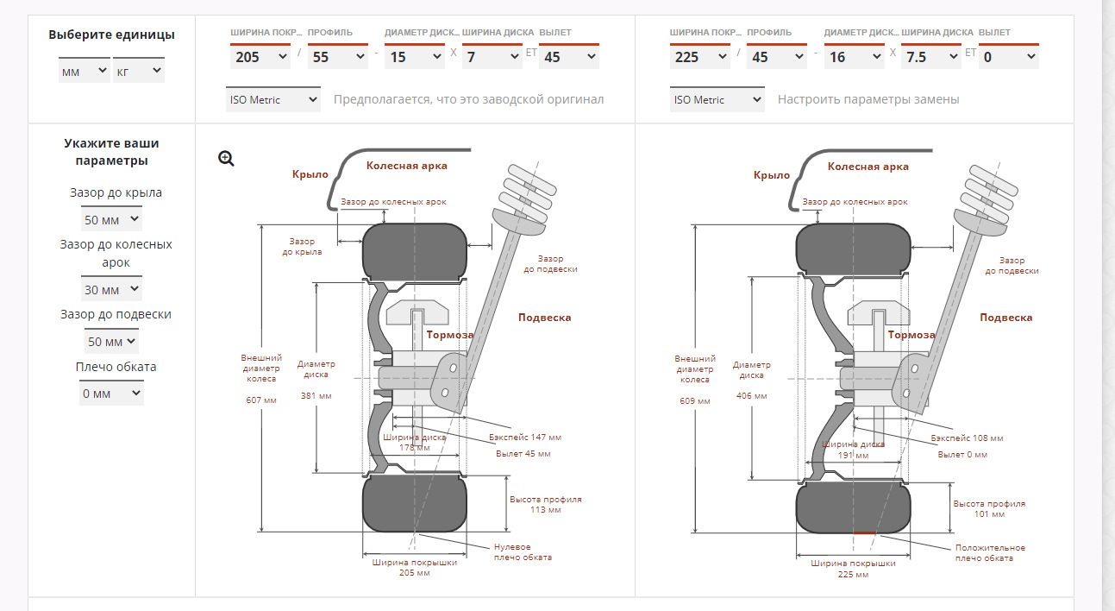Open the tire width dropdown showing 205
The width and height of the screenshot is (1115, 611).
coord(260,57)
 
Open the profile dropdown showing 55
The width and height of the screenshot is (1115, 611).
coord(337,57)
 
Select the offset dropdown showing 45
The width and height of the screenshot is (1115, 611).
coord(568,57)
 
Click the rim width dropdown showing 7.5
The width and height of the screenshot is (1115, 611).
coord(930,57)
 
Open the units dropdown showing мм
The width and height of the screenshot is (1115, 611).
coord(84,72)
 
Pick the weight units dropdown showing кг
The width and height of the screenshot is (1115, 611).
coord(138,72)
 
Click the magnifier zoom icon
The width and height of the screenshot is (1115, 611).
coord(226,158)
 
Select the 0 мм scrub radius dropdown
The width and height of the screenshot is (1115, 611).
coord(111,394)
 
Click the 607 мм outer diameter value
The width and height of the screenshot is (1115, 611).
coord(260,400)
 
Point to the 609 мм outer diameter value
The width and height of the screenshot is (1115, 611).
coord(694,401)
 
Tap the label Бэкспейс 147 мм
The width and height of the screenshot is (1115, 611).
coord(523,438)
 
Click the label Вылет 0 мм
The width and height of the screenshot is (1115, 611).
coord(962,454)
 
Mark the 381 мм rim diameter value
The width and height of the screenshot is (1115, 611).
coord(316,396)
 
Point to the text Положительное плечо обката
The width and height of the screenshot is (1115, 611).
coord(990,553)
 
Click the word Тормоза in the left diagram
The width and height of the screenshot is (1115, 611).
coord(449,335)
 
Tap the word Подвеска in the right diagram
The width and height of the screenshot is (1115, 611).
coord(1005,318)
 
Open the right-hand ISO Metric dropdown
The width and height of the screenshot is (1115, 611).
coord(717,99)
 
